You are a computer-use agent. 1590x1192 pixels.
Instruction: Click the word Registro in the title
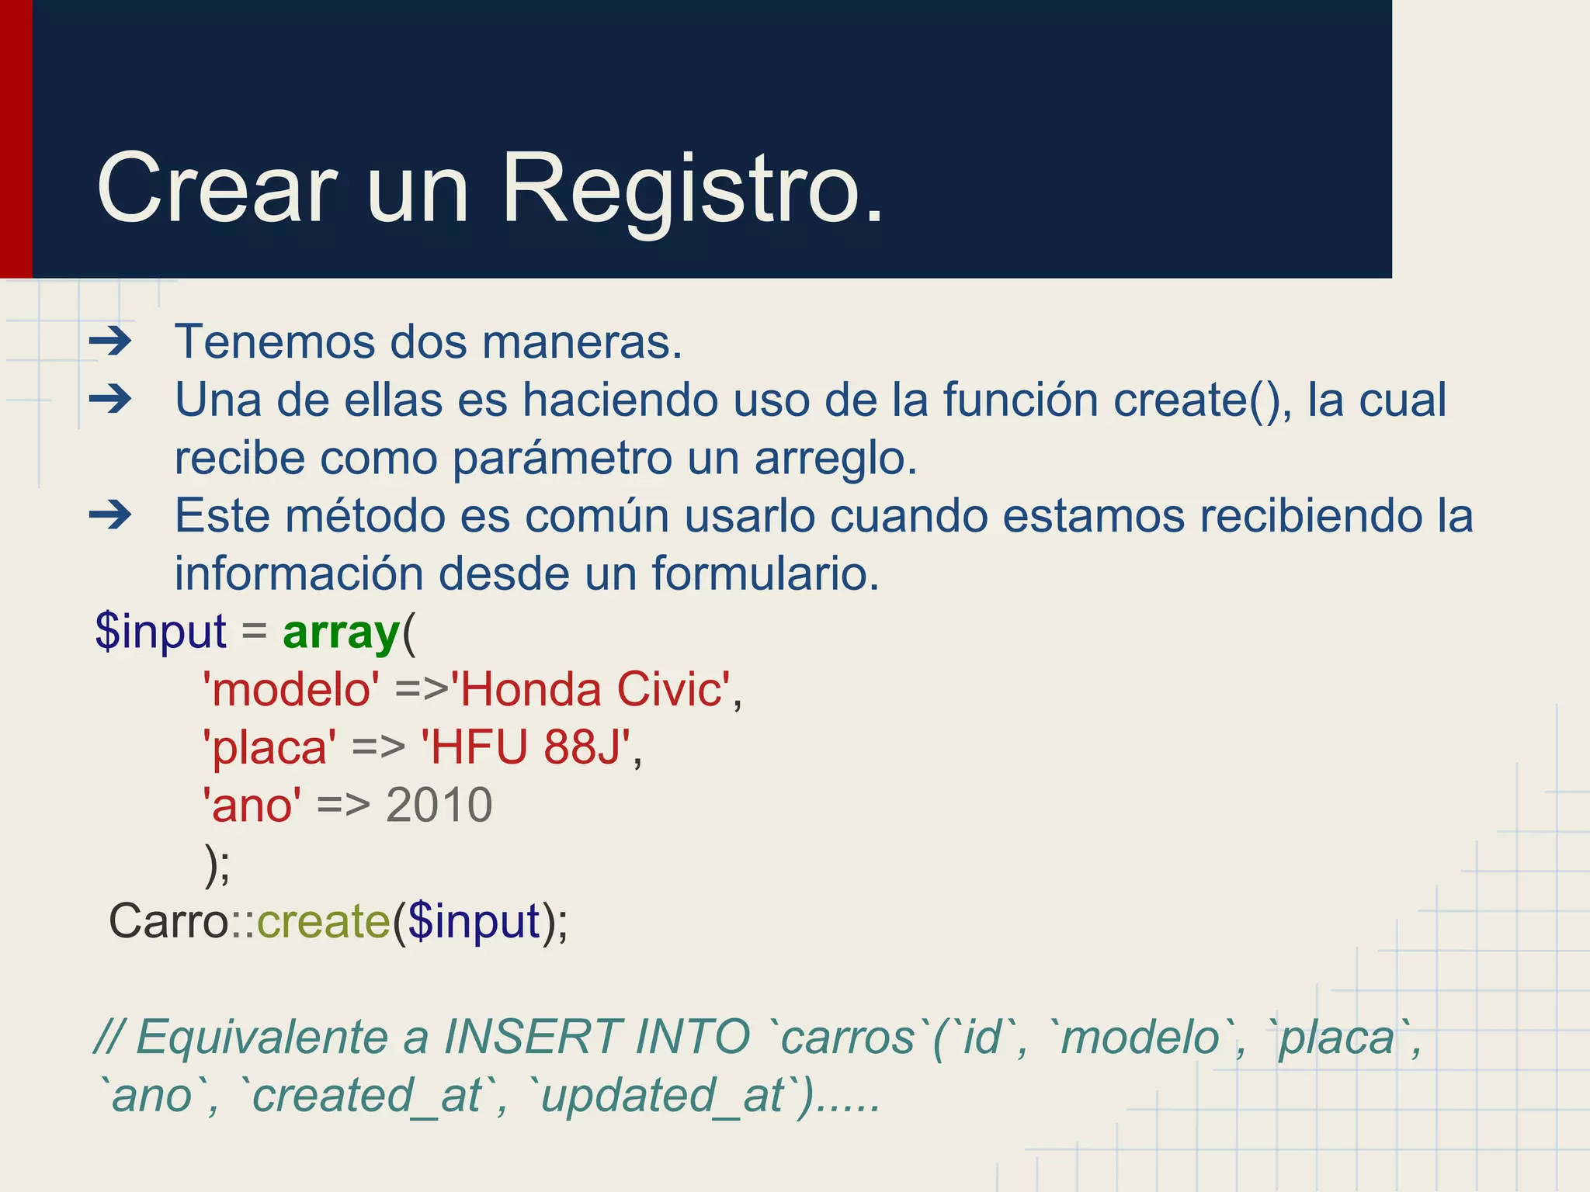[x=692, y=189]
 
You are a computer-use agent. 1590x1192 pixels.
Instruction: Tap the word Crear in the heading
[x=217, y=189]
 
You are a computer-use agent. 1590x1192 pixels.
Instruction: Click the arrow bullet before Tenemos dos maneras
[x=110, y=341]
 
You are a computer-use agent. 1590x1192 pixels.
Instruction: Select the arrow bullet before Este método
[x=110, y=515]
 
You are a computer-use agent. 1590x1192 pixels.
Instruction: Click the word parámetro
[x=562, y=458]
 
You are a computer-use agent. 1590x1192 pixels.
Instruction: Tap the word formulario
[x=765, y=573]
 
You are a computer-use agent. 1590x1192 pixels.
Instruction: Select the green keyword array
[x=341, y=632]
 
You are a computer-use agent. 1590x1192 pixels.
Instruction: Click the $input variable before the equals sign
[x=161, y=632]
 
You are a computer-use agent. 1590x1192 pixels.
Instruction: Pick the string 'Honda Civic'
[x=591, y=689]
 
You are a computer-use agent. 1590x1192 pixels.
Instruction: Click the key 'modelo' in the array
[x=291, y=689]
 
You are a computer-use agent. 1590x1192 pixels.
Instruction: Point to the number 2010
[x=439, y=805]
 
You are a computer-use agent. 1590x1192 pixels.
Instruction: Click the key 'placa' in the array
[x=269, y=747]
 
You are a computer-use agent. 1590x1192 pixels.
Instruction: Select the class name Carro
[x=168, y=921]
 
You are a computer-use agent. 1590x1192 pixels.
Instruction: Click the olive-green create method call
[x=323, y=921]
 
